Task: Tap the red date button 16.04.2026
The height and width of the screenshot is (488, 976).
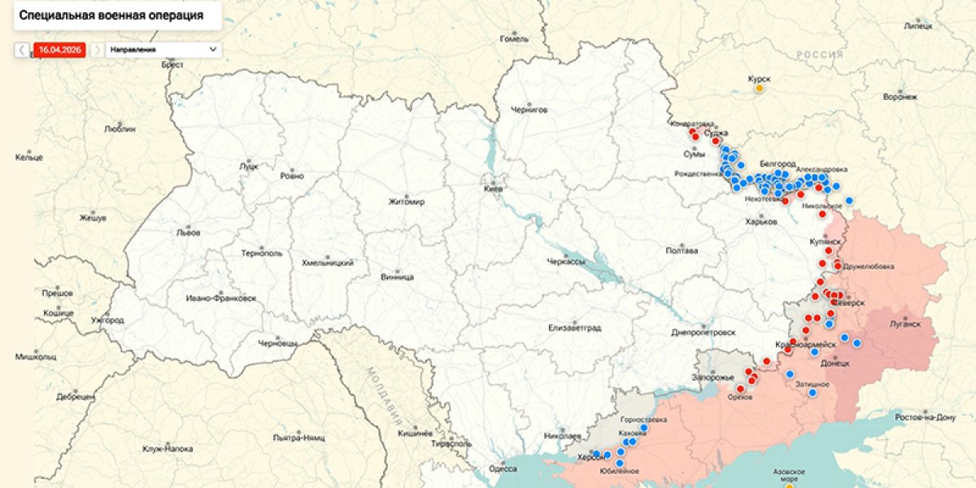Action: (59, 50)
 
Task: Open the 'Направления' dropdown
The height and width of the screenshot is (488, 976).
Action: (163, 50)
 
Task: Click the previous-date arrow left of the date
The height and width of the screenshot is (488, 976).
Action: (22, 50)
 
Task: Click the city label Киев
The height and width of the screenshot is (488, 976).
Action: (493, 188)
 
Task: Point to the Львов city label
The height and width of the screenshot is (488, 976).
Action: (188, 232)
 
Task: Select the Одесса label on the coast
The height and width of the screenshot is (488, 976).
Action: (503, 468)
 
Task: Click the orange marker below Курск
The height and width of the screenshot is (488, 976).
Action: (760, 89)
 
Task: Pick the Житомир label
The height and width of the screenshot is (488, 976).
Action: (407, 202)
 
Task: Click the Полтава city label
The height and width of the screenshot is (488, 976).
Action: (681, 251)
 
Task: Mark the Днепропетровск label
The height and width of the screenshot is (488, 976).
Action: (704, 333)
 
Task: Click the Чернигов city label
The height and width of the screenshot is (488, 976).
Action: (529, 110)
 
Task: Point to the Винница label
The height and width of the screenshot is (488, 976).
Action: (397, 277)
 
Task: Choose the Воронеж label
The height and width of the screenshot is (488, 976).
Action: (900, 97)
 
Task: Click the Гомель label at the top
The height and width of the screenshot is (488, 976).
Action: (514, 38)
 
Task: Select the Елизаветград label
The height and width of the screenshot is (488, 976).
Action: (574, 328)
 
